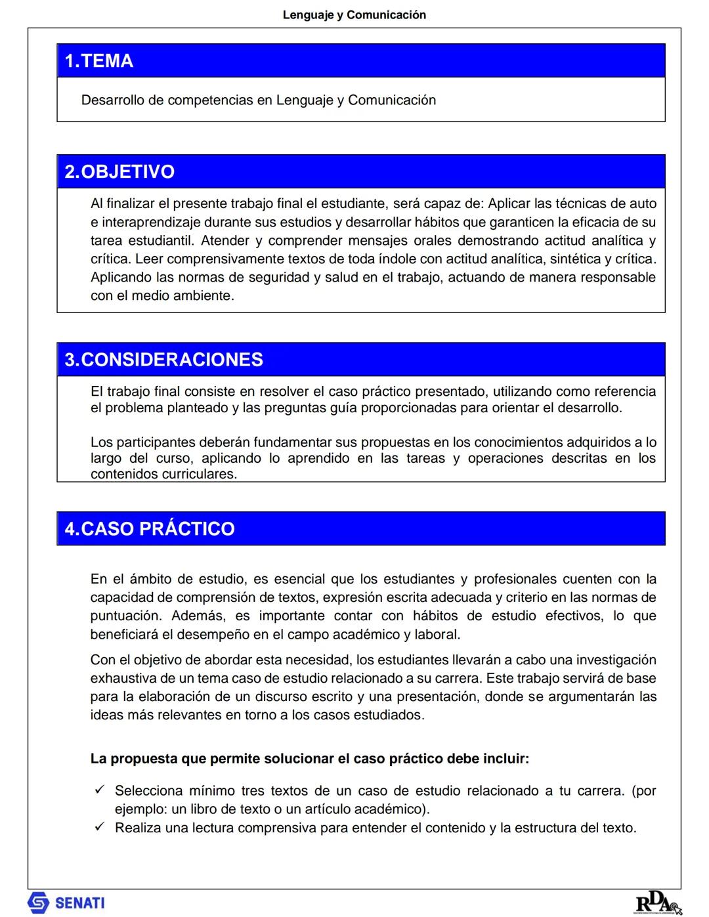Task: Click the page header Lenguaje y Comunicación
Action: [x=354, y=14]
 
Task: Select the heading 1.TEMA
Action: [x=98, y=61]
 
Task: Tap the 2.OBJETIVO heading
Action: [x=119, y=172]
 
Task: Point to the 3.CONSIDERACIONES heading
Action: [x=163, y=360]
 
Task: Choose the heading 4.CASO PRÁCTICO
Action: [x=149, y=529]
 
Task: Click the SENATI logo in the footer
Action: [x=66, y=903]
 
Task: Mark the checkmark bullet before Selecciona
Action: [x=100, y=790]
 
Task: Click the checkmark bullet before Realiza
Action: [x=100, y=827]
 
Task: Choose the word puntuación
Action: [x=125, y=616]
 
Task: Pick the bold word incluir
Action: [x=505, y=759]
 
